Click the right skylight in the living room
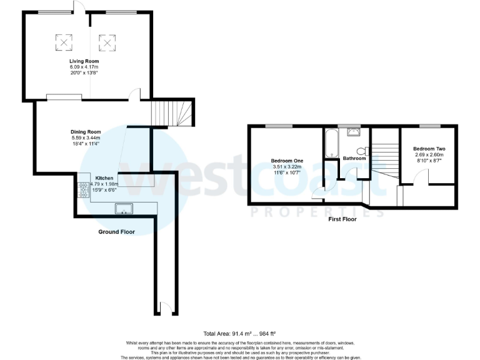[109, 42]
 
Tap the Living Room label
[84, 61]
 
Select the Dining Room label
[86, 132]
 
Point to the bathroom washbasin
[354, 132]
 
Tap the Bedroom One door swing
[319, 192]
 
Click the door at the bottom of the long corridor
[164, 307]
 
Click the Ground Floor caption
[116, 232]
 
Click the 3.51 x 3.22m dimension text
[286, 167]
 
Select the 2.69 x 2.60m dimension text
[429, 154]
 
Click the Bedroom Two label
[429, 149]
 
